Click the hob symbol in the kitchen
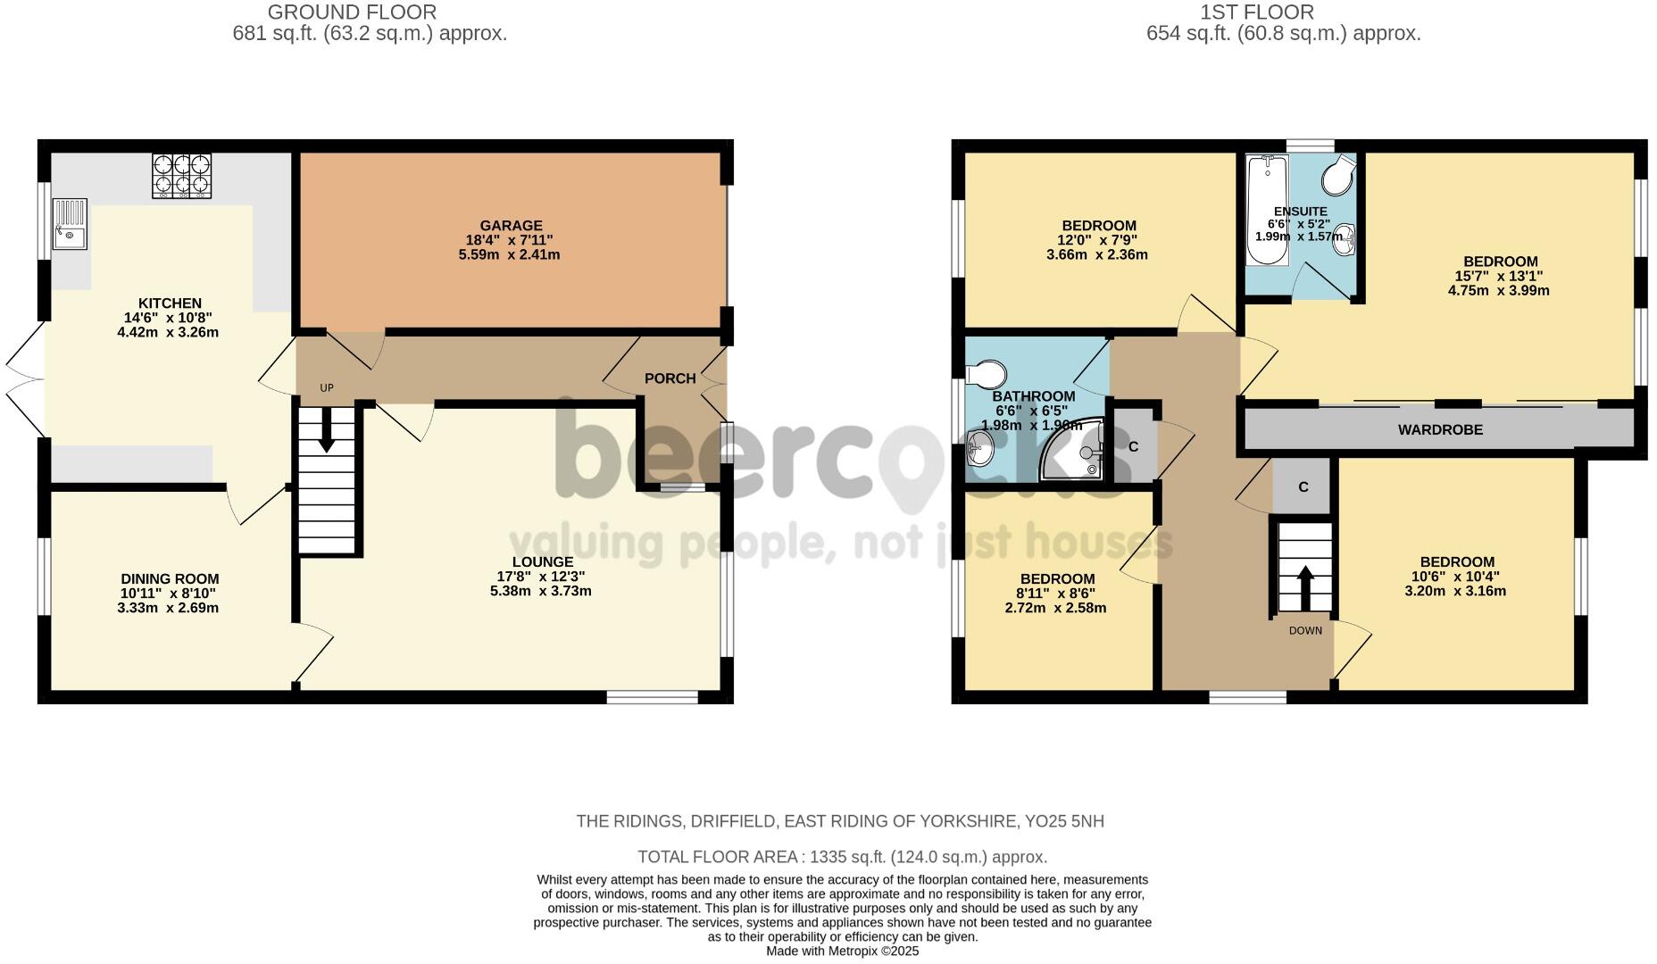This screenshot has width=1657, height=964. tap(183, 175)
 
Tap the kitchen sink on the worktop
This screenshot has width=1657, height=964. tap(70, 224)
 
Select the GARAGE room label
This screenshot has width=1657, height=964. tap(511, 226)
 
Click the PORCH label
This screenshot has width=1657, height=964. tap(670, 378)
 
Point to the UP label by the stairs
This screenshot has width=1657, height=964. tap(327, 388)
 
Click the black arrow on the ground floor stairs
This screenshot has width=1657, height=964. tap(327, 429)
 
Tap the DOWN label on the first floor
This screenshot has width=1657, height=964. tap(1305, 631)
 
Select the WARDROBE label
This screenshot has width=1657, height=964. tap(1440, 430)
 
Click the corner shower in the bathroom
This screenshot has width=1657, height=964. tap(1074, 452)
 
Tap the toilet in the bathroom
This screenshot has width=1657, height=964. tap(985, 373)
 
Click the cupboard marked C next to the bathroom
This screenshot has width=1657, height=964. tap(1133, 446)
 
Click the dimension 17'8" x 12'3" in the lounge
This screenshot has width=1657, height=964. tap(541, 577)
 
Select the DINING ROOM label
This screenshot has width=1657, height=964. tap(170, 579)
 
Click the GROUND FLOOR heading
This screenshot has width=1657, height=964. tap(352, 12)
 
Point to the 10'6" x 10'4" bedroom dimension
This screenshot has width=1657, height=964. tap(1457, 577)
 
